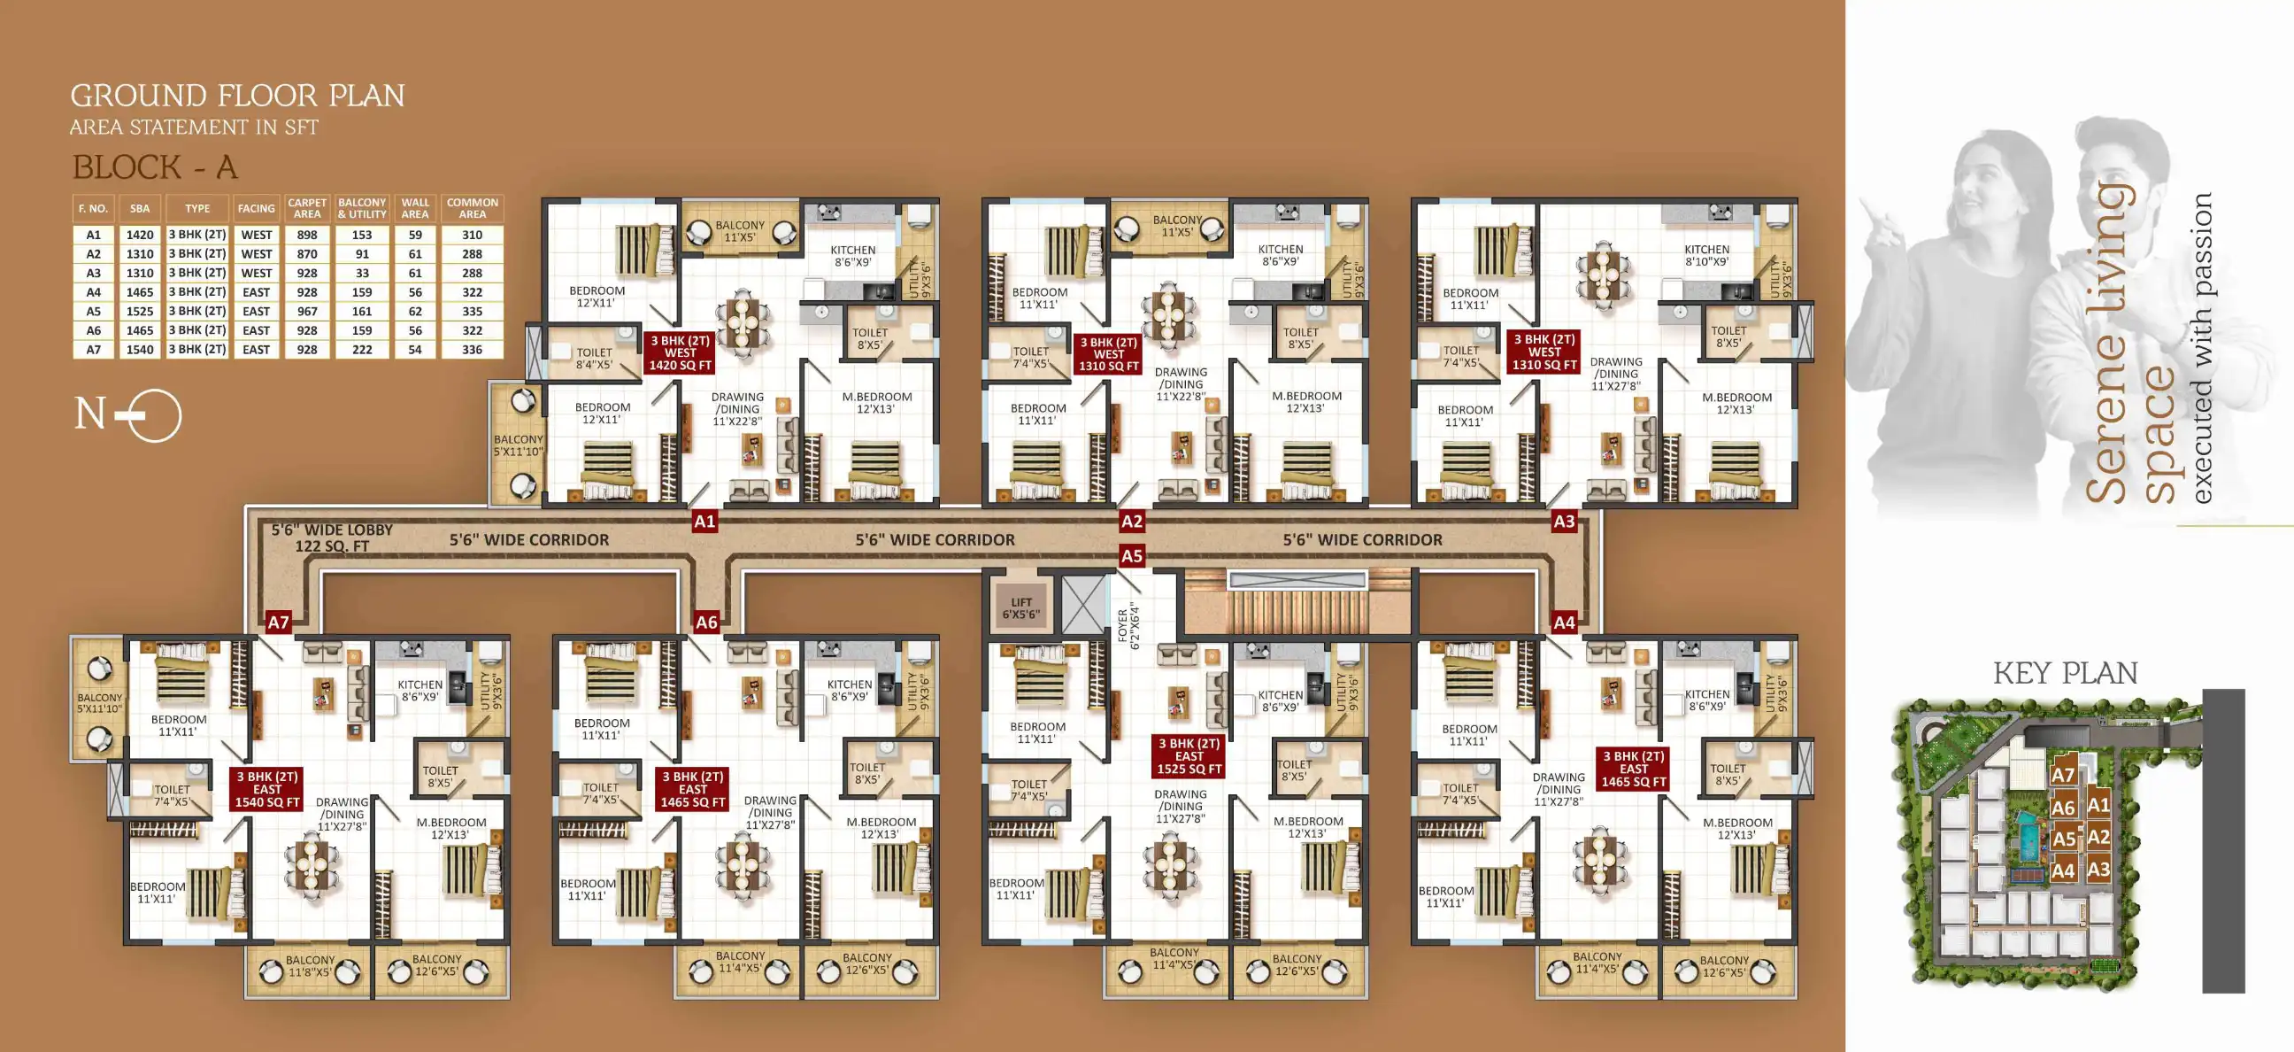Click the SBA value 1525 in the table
click(140, 312)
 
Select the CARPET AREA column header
click(307, 208)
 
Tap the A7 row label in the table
click(94, 350)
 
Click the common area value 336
click(472, 350)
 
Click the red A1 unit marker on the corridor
click(704, 522)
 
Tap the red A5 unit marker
click(1131, 557)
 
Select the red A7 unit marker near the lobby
click(279, 623)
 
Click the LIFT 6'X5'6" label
click(1020, 608)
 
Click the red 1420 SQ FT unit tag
click(681, 352)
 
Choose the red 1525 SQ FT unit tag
click(1189, 756)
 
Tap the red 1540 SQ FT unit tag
click(267, 789)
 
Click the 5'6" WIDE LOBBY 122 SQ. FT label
click(332, 538)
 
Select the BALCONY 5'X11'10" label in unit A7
click(99, 704)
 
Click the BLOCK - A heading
click(155, 167)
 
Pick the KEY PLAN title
click(2065, 673)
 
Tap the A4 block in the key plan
click(2062, 871)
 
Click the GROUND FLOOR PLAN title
click(238, 96)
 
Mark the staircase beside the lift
click(1297, 606)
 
